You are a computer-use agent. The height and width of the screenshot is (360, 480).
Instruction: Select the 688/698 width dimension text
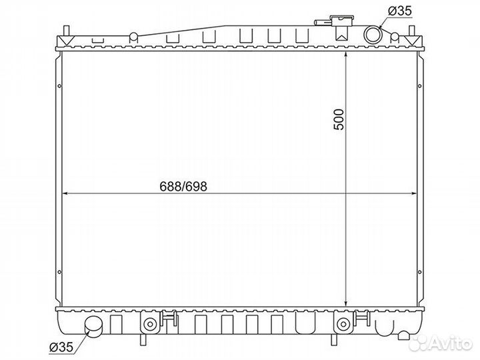click(183, 187)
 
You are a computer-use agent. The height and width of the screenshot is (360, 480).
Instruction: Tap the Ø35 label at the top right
click(400, 11)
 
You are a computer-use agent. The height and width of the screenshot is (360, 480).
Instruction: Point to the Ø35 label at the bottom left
click(61, 347)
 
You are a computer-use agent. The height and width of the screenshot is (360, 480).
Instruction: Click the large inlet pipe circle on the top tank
click(373, 34)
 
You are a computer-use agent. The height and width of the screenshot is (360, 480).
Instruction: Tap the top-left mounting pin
click(67, 31)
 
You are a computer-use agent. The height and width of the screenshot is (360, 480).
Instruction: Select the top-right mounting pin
click(412, 31)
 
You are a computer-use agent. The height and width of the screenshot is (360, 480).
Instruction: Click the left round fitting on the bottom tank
click(150, 323)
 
